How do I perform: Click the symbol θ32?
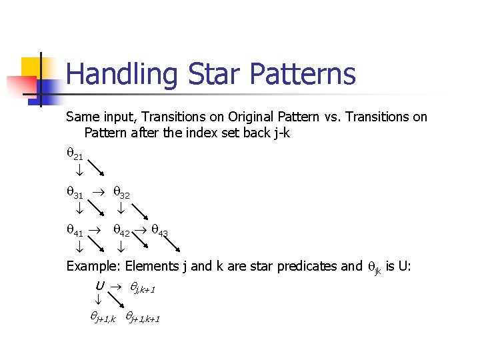click(x=121, y=194)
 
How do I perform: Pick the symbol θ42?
click(x=121, y=233)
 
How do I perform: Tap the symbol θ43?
click(x=159, y=233)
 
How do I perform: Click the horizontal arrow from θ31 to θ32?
click(x=98, y=193)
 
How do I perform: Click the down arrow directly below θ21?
click(x=78, y=172)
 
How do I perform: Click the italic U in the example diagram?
click(x=99, y=286)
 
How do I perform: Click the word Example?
click(x=93, y=267)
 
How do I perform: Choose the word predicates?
click(x=305, y=267)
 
